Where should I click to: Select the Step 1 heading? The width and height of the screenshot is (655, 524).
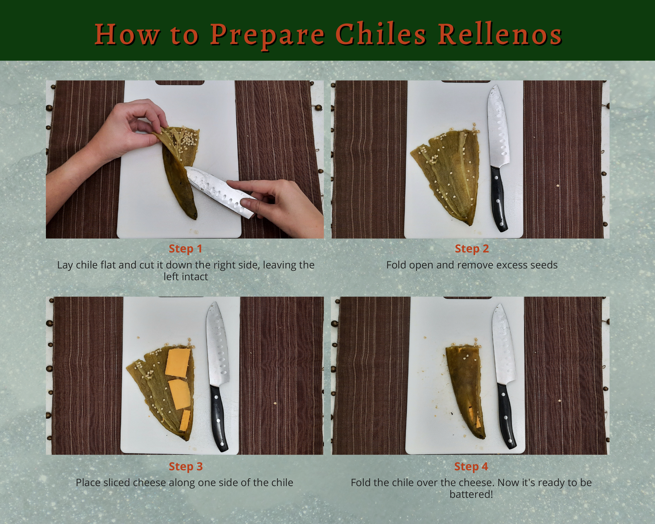tap(185, 248)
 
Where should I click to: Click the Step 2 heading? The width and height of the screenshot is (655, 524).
tap(472, 248)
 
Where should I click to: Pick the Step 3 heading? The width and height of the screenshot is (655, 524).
tap(185, 466)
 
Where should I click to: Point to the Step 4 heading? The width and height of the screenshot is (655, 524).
tap(471, 466)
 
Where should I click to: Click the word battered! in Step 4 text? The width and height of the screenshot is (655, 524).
tap(471, 494)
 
